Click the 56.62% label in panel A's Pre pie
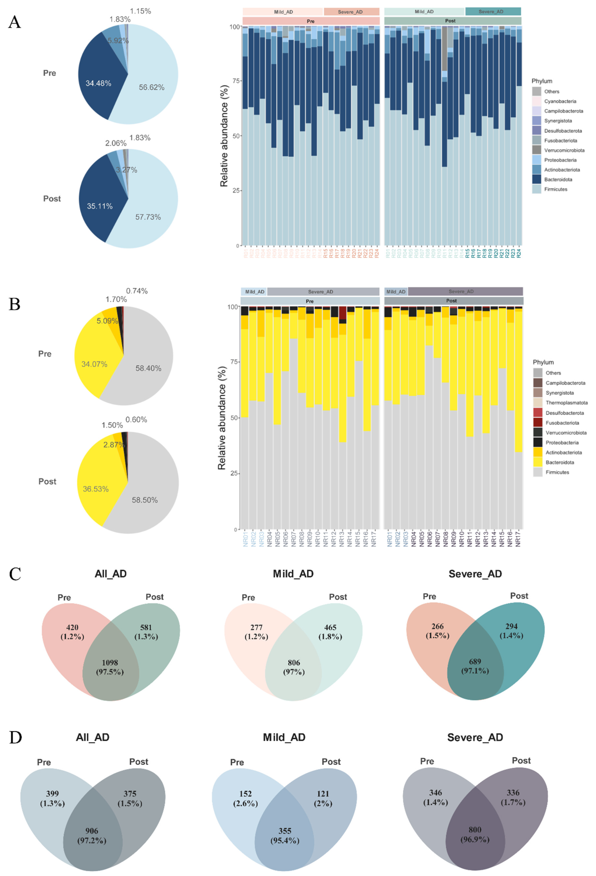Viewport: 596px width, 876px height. (151, 87)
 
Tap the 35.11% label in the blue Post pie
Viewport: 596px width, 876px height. (100, 206)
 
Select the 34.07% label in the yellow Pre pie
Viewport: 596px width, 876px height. (94, 364)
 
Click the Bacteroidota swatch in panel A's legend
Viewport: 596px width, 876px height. (537, 179)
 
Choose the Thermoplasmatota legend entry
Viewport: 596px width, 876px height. (566, 403)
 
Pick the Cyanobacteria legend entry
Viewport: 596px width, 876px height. (560, 101)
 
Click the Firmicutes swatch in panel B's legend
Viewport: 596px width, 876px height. (538, 472)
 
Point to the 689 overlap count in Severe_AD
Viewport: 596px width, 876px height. (475, 662)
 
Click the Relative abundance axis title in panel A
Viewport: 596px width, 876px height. (224, 136)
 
